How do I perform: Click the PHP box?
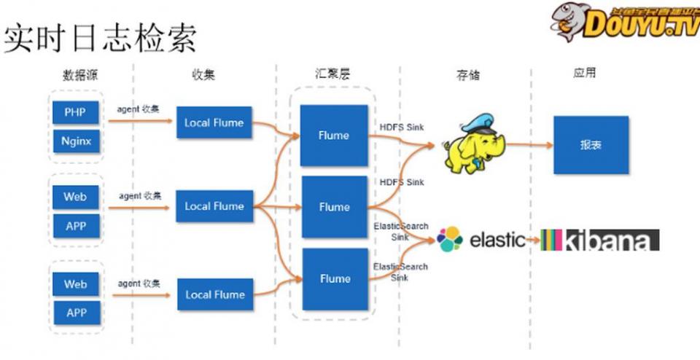pyautogui.click(x=75, y=112)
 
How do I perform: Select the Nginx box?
pyautogui.click(x=75, y=141)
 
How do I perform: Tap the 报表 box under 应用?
pyautogui.click(x=591, y=144)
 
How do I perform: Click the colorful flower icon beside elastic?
pyautogui.click(x=450, y=238)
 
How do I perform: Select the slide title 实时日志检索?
pyautogui.click(x=100, y=39)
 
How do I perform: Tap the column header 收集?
pyautogui.click(x=203, y=75)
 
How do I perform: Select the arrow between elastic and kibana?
pyautogui.click(x=532, y=240)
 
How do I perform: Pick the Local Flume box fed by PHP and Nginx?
pyautogui.click(x=214, y=122)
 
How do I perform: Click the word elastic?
pyautogui.click(x=497, y=239)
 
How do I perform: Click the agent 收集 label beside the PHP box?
pyautogui.click(x=139, y=109)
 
